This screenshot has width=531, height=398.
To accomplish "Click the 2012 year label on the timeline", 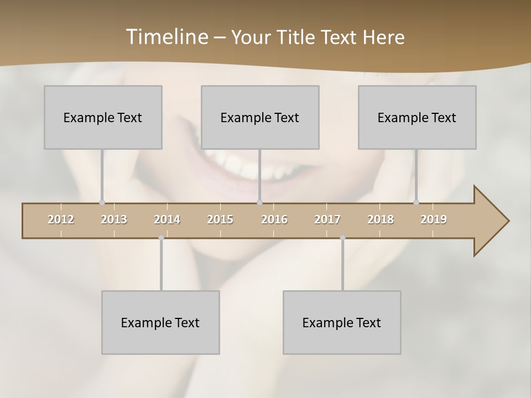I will [x=61, y=219].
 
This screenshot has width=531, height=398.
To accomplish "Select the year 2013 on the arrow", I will [x=114, y=219].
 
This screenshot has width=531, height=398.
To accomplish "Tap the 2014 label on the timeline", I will [x=167, y=219].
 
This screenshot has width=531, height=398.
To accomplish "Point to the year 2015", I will [x=220, y=219].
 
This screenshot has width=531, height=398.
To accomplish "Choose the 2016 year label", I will [x=274, y=219].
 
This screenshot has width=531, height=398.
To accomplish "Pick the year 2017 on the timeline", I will [x=327, y=219].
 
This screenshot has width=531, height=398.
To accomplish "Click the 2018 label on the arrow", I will [x=381, y=219].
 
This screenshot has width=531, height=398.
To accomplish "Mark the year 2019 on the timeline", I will [x=434, y=219].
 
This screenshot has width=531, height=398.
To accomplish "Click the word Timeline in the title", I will [x=166, y=37].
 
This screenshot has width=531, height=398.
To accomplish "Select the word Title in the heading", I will [x=296, y=37].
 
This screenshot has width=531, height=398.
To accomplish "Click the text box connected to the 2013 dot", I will [x=103, y=117].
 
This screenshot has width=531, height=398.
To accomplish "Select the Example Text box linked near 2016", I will [x=260, y=117].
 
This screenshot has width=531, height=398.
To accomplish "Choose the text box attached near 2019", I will [x=417, y=117].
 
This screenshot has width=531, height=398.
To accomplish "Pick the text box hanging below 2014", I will [x=160, y=322].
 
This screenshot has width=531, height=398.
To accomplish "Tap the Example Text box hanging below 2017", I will [x=342, y=322].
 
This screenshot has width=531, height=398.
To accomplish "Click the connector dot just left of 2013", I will [x=102, y=202].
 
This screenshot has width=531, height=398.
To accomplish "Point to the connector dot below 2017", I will [x=342, y=238].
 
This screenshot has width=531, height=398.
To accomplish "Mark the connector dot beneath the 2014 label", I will [x=161, y=238].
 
